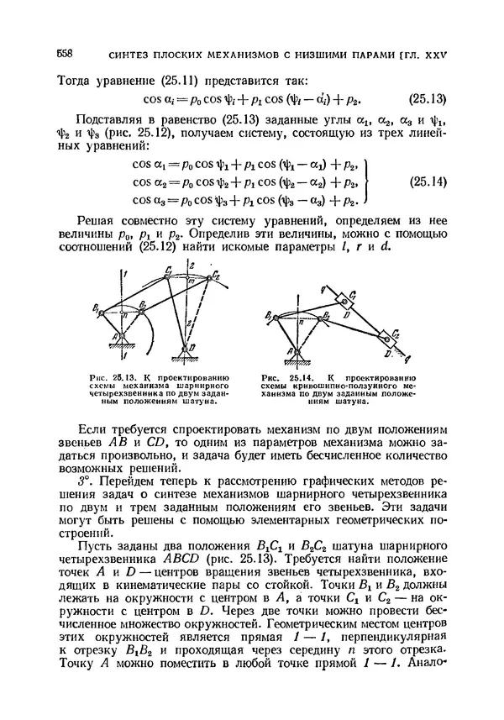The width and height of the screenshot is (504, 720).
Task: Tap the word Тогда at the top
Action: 74,80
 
